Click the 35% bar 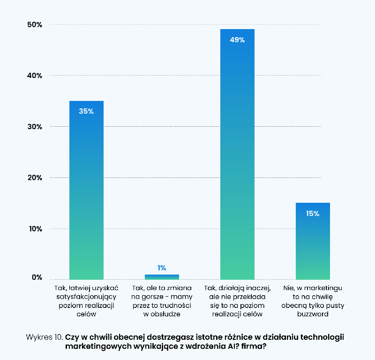[x=86, y=192]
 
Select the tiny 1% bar [x=162, y=277]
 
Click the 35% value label [x=86, y=112]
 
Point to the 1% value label [x=162, y=268]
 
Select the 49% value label [x=237, y=40]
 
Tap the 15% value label [x=313, y=214]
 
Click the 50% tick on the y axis [x=34, y=24]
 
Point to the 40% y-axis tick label [x=34, y=76]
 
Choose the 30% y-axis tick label [x=34, y=127]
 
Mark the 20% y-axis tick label [x=34, y=178]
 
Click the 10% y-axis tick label [x=34, y=229]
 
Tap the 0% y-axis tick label [x=37, y=277]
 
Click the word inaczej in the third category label [x=253, y=288]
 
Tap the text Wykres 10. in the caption [x=45, y=337]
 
